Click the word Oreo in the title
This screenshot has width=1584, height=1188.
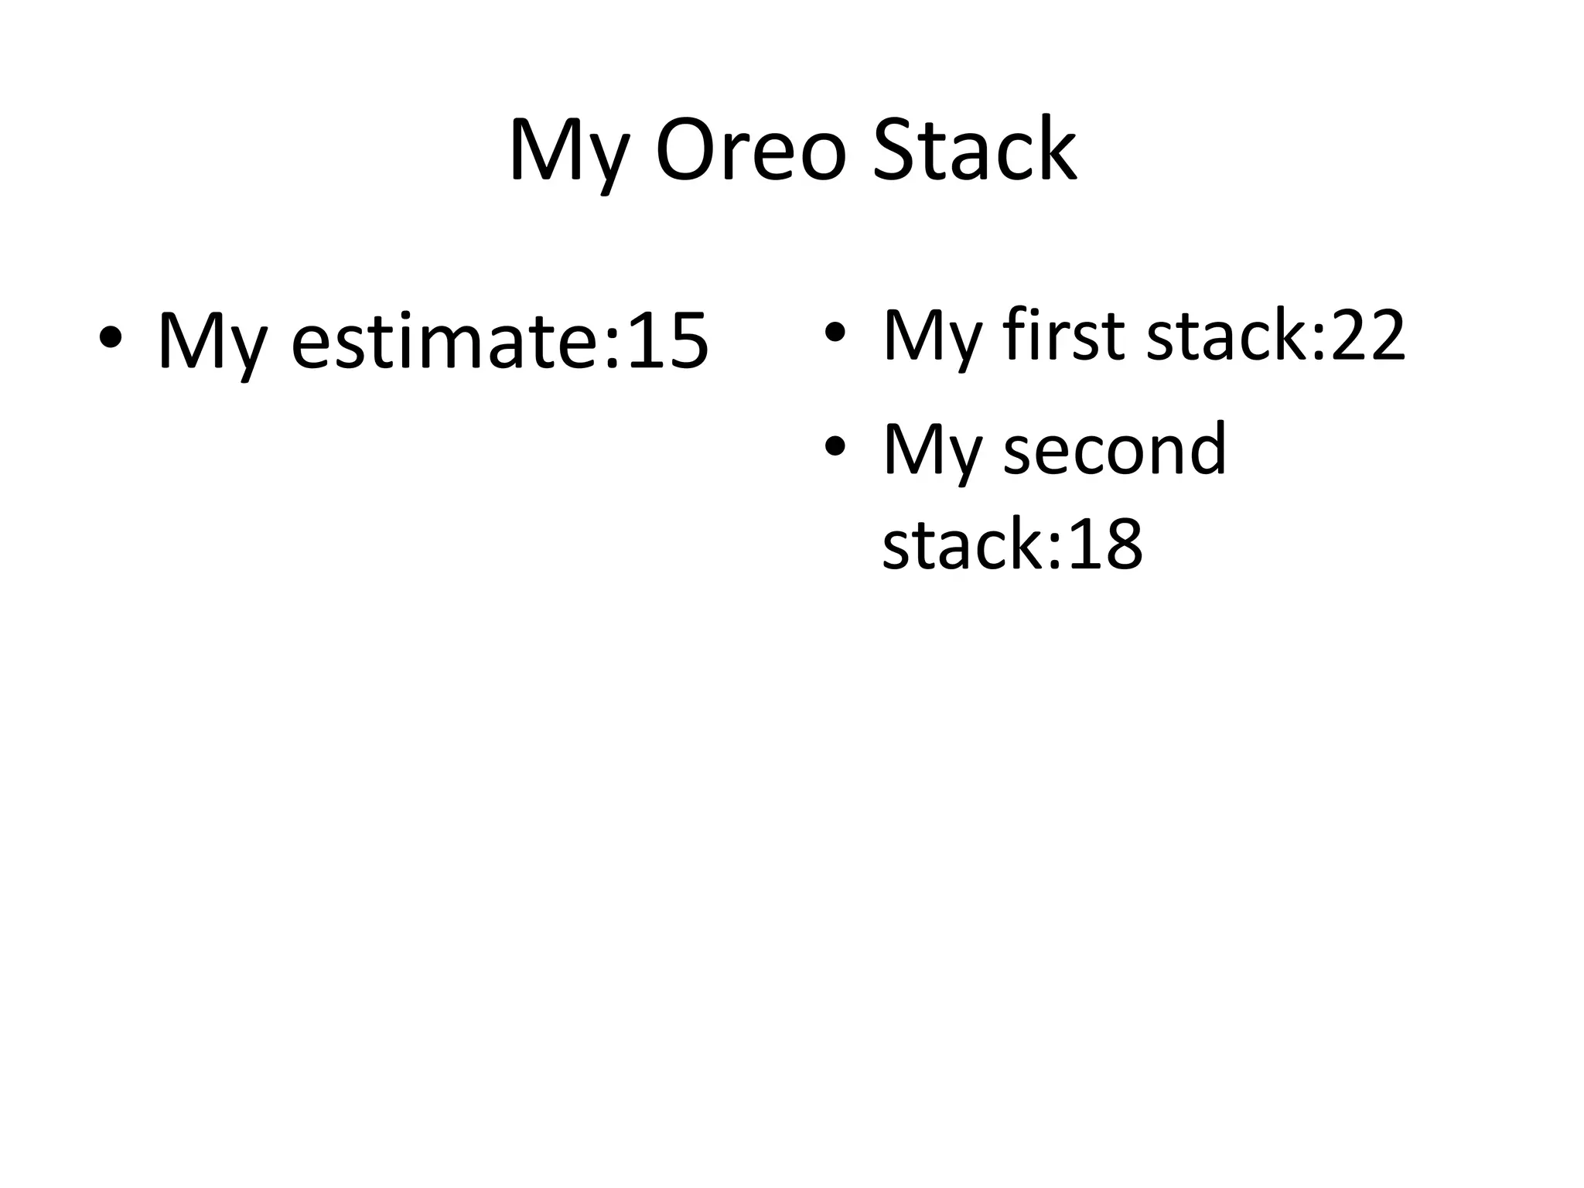[751, 151]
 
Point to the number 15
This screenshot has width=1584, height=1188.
[667, 341]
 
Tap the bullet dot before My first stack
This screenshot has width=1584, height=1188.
[834, 333]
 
